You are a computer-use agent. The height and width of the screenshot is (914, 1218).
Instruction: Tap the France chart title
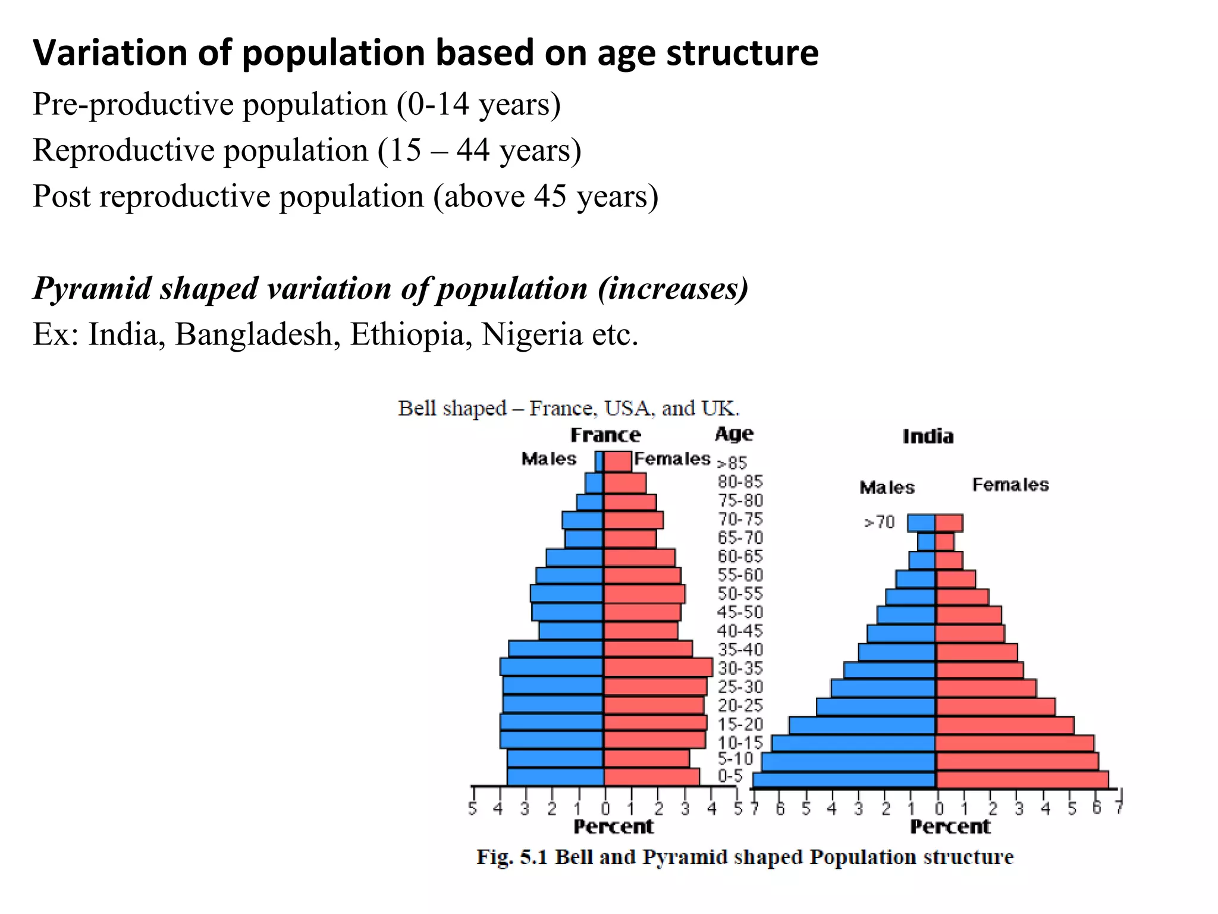605,435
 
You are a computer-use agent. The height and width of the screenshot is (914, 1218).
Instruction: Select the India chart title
928,437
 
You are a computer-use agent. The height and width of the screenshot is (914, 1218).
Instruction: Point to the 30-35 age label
740,668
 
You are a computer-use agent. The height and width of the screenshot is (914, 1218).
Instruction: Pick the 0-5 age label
730,776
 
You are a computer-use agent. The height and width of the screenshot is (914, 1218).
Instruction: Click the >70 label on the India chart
879,522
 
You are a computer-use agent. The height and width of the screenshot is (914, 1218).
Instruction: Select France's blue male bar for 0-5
555,777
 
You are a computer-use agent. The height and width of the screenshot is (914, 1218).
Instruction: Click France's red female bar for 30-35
658,667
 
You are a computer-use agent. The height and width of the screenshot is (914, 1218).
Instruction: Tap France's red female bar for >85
618,462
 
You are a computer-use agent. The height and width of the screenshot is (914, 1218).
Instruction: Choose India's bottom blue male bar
845,780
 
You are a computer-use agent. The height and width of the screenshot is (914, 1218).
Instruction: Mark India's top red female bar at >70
949,523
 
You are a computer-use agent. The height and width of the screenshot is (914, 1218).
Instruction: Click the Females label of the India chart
1010,485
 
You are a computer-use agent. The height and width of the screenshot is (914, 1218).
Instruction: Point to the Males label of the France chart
548,459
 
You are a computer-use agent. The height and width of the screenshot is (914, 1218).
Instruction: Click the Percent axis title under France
613,827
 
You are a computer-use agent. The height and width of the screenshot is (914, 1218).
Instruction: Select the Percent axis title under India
950,827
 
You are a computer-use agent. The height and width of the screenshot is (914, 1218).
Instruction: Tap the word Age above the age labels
734,434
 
